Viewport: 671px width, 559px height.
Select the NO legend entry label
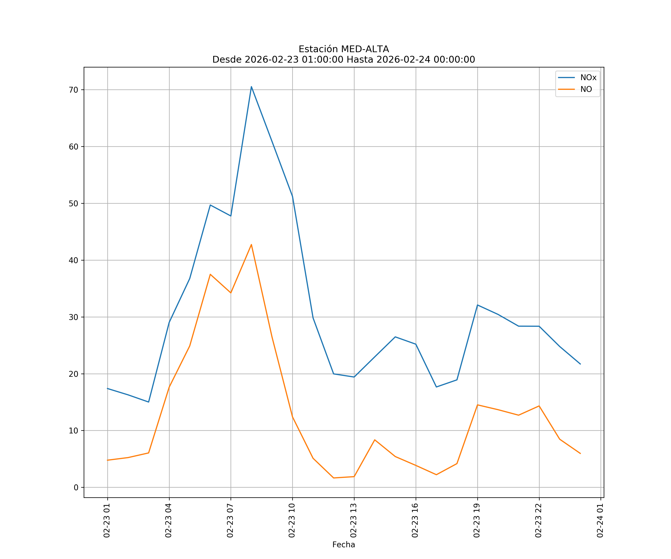click(x=586, y=89)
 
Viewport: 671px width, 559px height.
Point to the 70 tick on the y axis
click(x=73, y=90)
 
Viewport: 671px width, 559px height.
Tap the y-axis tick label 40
click(x=73, y=260)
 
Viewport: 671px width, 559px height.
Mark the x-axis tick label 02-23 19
click(x=477, y=521)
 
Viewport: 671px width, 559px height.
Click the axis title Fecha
click(x=344, y=545)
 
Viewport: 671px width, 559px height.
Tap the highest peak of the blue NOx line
click(x=251, y=87)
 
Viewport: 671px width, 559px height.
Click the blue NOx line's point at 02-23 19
click(x=477, y=305)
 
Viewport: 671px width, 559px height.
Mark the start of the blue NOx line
click(x=108, y=389)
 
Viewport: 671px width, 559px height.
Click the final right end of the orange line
click(x=580, y=454)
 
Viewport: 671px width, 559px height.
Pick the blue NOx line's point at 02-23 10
click(x=292, y=196)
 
